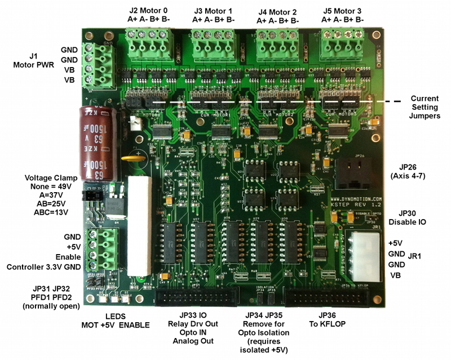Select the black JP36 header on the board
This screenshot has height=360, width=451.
click(329, 299)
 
